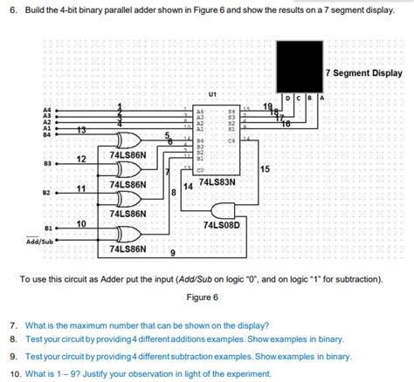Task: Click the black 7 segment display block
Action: click(298, 65)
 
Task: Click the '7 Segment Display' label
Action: click(362, 73)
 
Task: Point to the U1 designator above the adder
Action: click(212, 94)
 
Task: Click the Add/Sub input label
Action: click(39, 242)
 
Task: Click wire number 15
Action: click(265, 168)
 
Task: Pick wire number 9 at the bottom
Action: click(172, 253)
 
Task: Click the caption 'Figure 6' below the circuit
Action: click(203, 297)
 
